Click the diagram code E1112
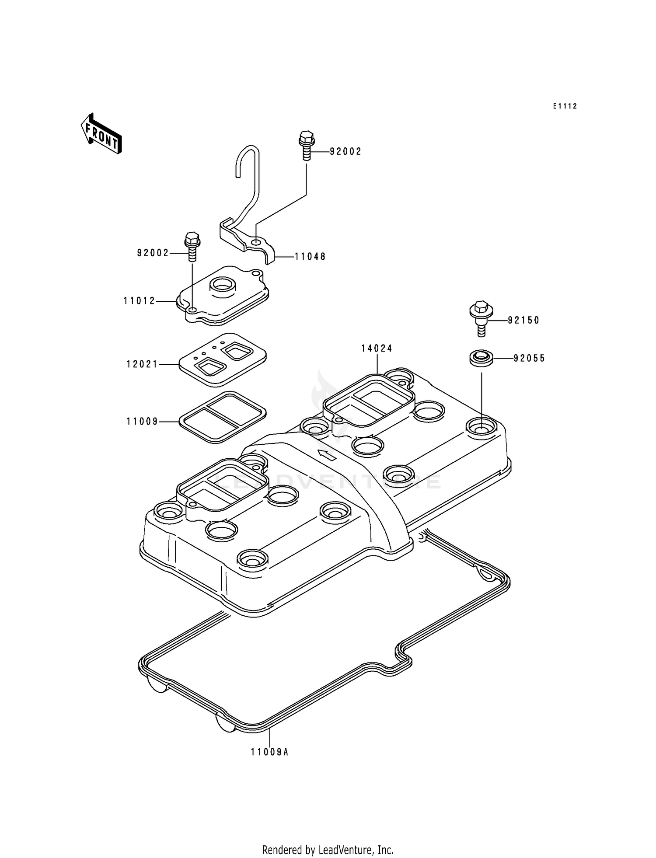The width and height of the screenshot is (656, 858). click(565, 106)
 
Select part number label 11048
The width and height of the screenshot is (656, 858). click(310, 257)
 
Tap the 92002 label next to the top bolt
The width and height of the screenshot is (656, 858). click(345, 152)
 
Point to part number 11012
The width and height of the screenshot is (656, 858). click(140, 301)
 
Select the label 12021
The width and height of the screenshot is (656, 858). click(142, 364)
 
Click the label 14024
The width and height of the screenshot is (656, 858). click(377, 349)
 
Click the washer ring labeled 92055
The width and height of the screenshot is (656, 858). click(481, 359)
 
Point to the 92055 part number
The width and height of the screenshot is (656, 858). click(529, 359)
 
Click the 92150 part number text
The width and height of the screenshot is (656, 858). click(523, 321)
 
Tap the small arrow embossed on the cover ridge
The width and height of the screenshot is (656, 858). click(326, 455)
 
